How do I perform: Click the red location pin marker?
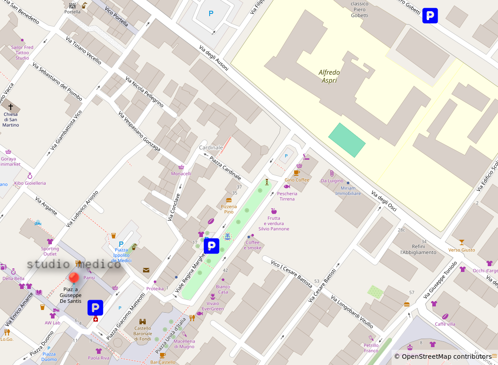click(74, 278)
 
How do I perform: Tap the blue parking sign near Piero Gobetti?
click(430, 16)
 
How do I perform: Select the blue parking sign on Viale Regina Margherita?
click(211, 246)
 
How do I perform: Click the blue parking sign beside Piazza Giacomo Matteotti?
click(95, 307)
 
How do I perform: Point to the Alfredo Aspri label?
click(329, 76)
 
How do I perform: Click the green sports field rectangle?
click(347, 140)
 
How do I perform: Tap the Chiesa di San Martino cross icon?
click(11, 107)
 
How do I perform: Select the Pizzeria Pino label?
click(229, 209)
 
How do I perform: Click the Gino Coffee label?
click(297, 180)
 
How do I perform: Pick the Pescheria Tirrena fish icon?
click(287, 187)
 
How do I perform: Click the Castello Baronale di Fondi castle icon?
click(143, 322)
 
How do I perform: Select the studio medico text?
click(74, 264)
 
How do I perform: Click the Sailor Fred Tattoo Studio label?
click(22, 52)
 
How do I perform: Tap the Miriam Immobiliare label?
click(348, 191)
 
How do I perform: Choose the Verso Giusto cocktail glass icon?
click(462, 242)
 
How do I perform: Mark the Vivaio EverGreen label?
click(213, 306)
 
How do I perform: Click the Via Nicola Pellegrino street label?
click(144, 92)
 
